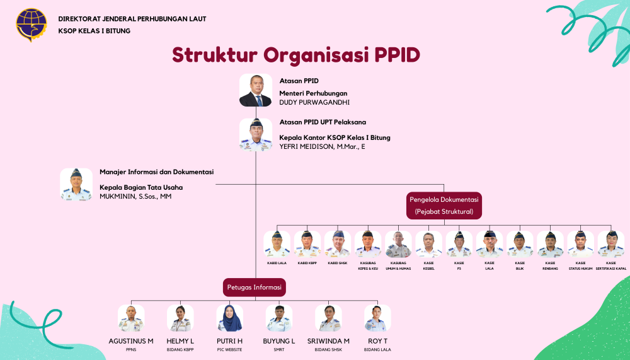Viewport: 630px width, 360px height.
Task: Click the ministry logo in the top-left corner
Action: [31, 25]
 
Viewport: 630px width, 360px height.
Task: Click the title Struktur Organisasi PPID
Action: [296, 55]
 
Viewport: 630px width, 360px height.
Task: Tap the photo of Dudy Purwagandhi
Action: [255, 90]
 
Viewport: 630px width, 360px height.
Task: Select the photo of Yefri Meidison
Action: [255, 134]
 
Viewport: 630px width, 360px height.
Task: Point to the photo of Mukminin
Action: [76, 184]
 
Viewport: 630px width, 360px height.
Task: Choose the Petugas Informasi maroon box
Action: [254, 287]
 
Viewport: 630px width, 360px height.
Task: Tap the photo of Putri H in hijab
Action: [229, 318]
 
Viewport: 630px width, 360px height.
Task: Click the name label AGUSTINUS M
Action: [131, 341]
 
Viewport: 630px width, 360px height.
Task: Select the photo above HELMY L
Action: [180, 318]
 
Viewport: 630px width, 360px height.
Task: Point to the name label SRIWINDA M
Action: [328, 341]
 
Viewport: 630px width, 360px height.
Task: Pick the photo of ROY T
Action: [377, 318]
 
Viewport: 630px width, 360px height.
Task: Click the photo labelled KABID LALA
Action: [277, 244]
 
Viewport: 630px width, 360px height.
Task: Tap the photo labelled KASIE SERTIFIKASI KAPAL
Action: [610, 244]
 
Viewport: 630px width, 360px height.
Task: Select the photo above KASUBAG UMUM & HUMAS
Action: [398, 244]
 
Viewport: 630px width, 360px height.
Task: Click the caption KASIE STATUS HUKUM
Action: [580, 265]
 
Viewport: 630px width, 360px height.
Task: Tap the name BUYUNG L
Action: [279, 341]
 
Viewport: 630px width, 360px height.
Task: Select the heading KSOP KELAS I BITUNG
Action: [94, 30]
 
